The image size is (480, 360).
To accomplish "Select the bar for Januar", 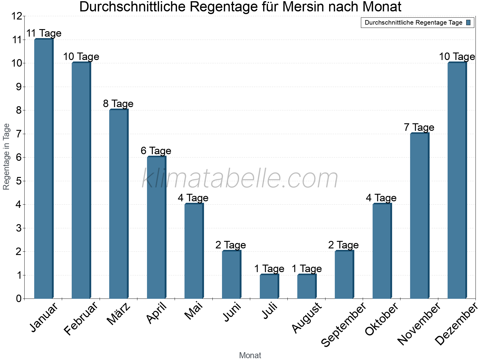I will [x=43, y=169].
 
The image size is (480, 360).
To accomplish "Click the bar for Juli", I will [x=269, y=286].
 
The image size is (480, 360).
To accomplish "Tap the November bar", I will [x=419, y=216].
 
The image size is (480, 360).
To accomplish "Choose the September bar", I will [x=344, y=274].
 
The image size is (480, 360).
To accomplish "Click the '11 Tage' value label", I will [x=44, y=33].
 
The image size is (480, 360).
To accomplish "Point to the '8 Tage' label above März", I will [x=118, y=104].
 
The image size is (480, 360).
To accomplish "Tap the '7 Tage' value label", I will [x=419, y=127].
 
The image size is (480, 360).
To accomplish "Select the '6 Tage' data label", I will [x=156, y=151].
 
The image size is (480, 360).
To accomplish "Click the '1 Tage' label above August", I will [x=307, y=269].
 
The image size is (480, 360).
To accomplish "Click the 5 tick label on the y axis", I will [x=19, y=181].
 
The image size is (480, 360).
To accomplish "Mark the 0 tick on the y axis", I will [x=19, y=298].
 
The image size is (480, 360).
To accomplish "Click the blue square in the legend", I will [x=468, y=22].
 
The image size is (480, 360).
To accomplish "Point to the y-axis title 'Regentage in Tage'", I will [x=6, y=157].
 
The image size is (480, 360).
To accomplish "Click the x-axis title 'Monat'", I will [x=250, y=355].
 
